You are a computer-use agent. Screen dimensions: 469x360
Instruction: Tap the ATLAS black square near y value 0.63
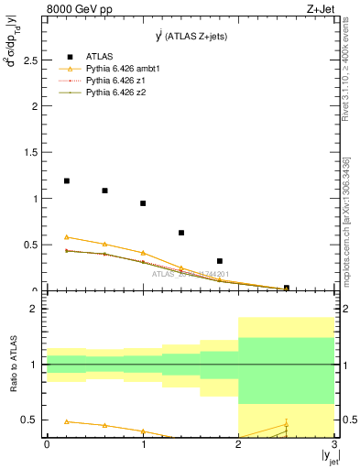click(x=181, y=233)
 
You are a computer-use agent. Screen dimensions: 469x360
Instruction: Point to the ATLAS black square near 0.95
click(x=143, y=203)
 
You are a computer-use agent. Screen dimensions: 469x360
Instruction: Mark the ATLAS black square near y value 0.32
click(x=220, y=261)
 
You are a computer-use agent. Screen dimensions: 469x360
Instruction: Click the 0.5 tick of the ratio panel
click(x=29, y=420)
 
